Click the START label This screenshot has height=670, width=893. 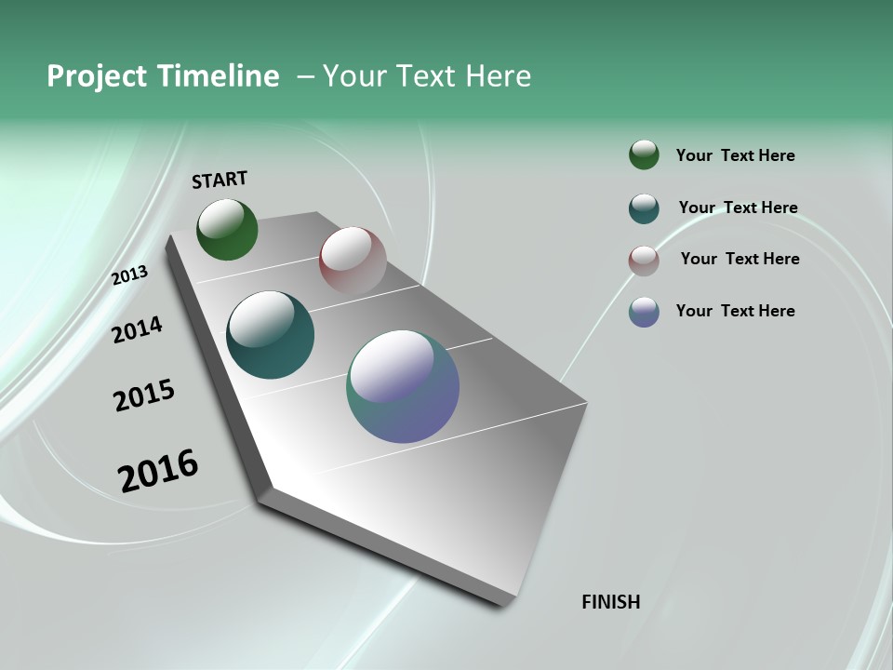point(220,180)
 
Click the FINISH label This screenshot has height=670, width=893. point(611,602)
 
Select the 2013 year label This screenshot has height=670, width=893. point(130,275)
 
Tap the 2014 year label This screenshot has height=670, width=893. point(138,329)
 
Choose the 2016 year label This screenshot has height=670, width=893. point(158,470)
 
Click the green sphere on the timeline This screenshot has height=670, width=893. point(227,229)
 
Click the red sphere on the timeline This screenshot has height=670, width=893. point(353,261)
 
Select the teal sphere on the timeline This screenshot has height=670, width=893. point(271,335)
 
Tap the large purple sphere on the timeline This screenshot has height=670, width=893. point(403,386)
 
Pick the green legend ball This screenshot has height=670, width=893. point(644,155)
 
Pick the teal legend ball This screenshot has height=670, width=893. point(644,208)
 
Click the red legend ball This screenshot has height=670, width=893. point(644,261)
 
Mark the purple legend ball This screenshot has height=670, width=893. point(644,312)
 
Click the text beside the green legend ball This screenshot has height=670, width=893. point(735,155)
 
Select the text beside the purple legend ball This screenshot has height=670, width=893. point(735,311)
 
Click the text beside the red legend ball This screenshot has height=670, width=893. point(740,259)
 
